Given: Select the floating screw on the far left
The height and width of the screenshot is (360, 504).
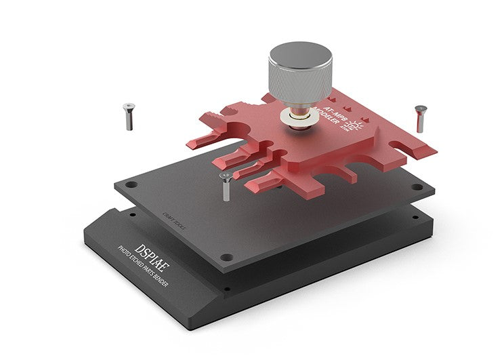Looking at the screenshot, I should point(127,116).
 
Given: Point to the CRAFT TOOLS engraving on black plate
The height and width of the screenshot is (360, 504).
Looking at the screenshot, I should point(174,222).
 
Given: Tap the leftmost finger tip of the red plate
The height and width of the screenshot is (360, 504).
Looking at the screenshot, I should point(193,143).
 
